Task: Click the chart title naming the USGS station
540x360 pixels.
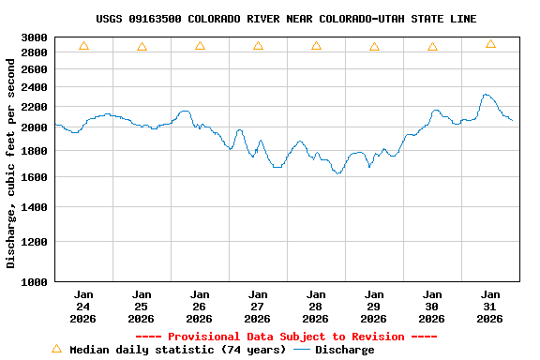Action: (x=286, y=19)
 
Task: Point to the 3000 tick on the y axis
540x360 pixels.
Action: (x=35, y=37)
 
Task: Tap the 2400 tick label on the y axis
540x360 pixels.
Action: (x=35, y=87)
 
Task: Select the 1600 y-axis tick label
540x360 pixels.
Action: (x=35, y=177)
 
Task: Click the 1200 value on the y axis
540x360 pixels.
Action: (x=35, y=242)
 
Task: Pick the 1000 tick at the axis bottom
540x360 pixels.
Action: (x=35, y=281)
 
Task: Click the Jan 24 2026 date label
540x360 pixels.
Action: (x=83, y=306)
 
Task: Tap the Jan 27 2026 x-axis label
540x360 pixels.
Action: (x=258, y=306)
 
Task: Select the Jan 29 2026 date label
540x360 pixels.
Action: (x=374, y=306)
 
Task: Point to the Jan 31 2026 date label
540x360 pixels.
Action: (x=490, y=306)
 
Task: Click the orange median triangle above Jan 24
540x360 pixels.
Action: (x=83, y=46)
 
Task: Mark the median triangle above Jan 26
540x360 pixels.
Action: (x=200, y=46)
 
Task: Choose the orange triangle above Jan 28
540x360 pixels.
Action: (x=316, y=46)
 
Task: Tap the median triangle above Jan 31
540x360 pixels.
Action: (x=490, y=44)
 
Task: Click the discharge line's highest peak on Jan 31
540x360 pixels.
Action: (x=485, y=95)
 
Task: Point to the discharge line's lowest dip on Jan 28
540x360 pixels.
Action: (x=337, y=173)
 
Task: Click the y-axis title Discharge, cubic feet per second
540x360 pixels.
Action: (x=11, y=159)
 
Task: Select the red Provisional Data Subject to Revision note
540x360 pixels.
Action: (x=286, y=337)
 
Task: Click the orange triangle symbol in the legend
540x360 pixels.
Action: (x=56, y=349)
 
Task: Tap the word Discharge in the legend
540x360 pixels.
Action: (x=344, y=350)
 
